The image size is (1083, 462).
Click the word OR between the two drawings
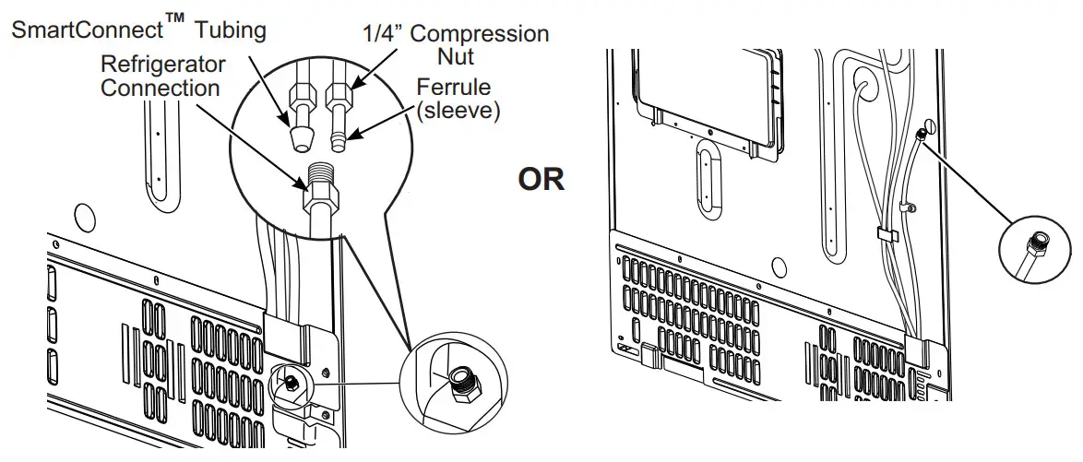(541, 179)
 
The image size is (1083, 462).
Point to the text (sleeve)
(458, 112)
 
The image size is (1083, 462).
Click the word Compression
(479, 35)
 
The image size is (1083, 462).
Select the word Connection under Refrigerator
(161, 88)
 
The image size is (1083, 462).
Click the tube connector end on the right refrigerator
(921, 134)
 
